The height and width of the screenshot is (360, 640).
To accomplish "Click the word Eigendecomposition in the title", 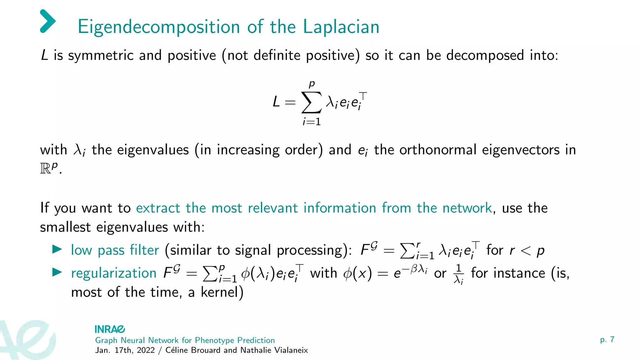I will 159,27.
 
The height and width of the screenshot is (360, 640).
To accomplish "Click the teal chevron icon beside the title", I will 47,21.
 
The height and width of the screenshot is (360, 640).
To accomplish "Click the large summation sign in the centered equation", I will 311,102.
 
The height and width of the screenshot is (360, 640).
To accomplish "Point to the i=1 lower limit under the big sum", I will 312,122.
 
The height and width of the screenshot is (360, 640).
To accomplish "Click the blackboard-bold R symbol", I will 45,169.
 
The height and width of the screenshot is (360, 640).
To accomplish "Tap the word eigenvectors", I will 521,150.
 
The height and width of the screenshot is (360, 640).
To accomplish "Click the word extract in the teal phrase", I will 158,208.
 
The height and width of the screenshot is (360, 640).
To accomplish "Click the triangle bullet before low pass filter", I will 57,249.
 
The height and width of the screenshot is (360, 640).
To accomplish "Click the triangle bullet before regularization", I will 57,272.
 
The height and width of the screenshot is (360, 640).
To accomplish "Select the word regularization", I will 114,273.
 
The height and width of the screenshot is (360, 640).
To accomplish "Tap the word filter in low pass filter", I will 144,250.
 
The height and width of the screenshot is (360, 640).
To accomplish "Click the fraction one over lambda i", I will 458,274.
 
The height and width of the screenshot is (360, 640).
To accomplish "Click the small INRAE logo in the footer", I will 110,329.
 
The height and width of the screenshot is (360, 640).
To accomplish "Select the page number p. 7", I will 607,340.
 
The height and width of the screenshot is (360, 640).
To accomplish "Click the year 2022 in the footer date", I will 146,350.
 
